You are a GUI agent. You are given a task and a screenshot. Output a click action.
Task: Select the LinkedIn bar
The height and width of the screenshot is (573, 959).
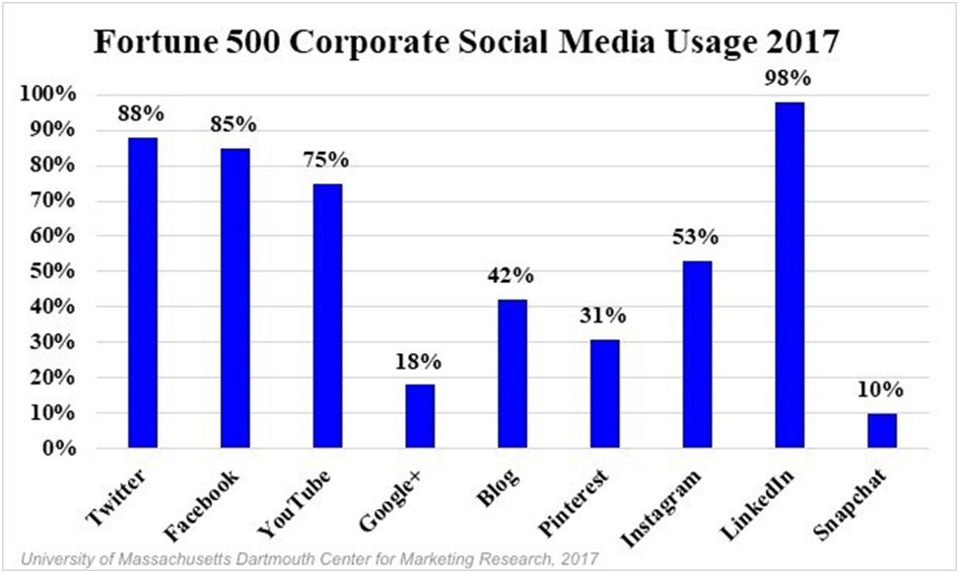click(788, 275)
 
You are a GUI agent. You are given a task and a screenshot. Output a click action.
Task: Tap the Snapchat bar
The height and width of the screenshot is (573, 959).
click(882, 431)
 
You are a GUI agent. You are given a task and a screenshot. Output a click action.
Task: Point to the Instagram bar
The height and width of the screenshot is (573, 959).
click(697, 355)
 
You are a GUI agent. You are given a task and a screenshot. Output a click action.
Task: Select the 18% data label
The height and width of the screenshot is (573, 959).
click(420, 361)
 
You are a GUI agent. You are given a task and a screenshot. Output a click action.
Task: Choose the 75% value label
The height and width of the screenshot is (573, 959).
click(327, 160)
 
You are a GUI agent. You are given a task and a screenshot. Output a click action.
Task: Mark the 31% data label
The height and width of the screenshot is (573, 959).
click(604, 316)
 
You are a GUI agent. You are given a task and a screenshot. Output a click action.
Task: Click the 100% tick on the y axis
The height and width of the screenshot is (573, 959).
click(46, 95)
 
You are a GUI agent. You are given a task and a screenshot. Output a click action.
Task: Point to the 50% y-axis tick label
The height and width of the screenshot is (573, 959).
click(50, 271)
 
